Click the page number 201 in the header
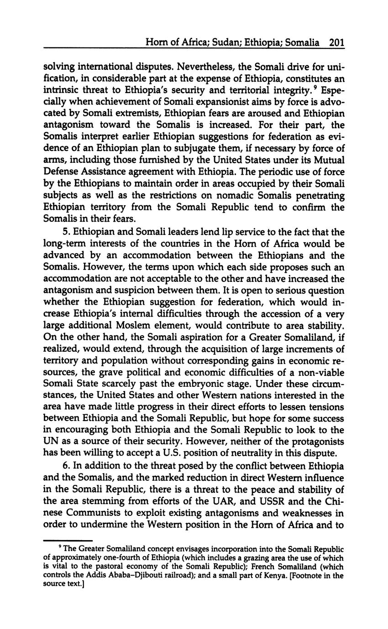[x=336, y=43]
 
